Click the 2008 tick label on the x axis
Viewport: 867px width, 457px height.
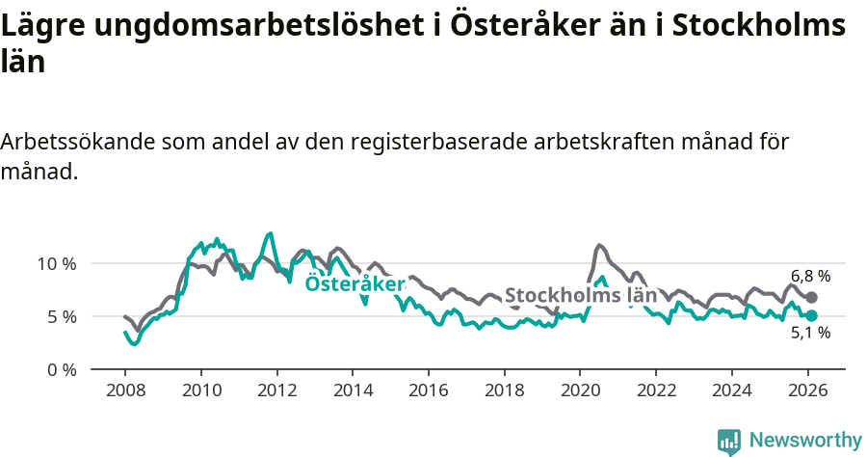[x=125, y=390]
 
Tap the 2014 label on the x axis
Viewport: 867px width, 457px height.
[x=353, y=390]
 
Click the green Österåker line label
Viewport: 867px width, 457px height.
[x=355, y=283]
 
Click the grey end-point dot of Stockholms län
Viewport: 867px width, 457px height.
[x=811, y=297]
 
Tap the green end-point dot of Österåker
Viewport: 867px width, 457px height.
[x=811, y=315]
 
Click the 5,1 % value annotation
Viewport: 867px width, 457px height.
[x=810, y=334]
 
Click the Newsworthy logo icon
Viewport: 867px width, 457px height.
[x=729, y=441]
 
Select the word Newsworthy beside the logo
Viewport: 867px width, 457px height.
[x=804, y=441]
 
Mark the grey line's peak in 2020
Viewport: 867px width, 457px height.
[x=599, y=245]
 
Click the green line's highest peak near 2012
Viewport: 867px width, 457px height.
[x=270, y=233]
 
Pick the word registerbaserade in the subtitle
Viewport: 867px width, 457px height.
[x=439, y=142]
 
